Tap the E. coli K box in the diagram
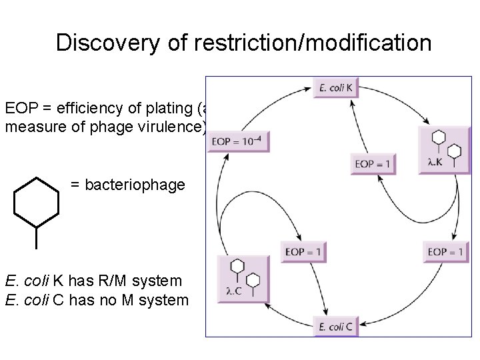[336, 87]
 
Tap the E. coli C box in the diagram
[336, 326]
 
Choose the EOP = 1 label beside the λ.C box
[303, 251]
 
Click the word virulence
[171, 127]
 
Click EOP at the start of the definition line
[19, 108]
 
